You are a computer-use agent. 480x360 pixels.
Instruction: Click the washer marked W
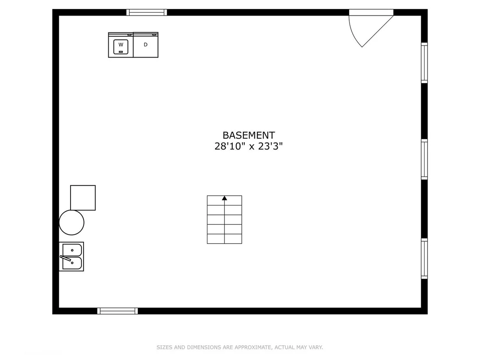click(x=120, y=45)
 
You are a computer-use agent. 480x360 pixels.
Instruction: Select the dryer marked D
click(x=146, y=45)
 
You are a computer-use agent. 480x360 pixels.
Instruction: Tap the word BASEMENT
click(x=249, y=135)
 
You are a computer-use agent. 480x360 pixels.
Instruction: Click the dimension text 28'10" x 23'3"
click(x=248, y=146)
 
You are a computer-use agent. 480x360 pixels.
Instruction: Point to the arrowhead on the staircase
click(x=224, y=198)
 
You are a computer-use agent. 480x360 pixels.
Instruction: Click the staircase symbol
click(x=224, y=220)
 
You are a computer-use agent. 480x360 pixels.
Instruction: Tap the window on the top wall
click(x=146, y=12)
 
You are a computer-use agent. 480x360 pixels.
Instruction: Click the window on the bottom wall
click(x=117, y=311)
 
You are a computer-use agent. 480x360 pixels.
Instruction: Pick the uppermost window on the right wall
click(x=424, y=63)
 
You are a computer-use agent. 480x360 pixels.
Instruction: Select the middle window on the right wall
click(x=424, y=159)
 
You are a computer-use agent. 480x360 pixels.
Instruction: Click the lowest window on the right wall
click(x=424, y=259)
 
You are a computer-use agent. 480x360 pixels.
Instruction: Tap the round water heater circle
click(x=71, y=223)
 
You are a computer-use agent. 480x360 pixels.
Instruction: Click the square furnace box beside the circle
click(x=83, y=198)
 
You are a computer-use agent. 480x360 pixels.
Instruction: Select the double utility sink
click(x=71, y=256)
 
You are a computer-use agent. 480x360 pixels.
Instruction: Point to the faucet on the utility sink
click(x=65, y=258)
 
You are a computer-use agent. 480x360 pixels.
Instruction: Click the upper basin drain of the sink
click(x=72, y=250)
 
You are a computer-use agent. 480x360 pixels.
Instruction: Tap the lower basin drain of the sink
click(x=72, y=263)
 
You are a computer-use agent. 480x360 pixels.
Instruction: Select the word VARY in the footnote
click(x=316, y=347)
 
